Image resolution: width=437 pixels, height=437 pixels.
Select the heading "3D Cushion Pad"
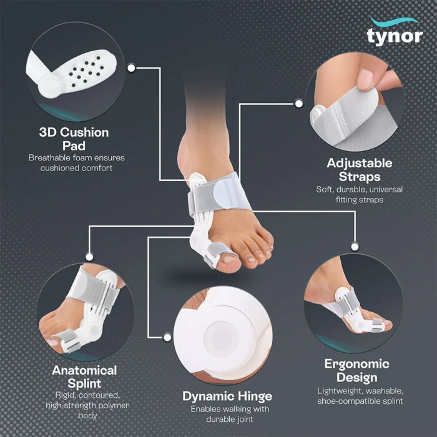(74, 139)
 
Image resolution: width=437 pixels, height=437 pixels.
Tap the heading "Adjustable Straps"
(360, 169)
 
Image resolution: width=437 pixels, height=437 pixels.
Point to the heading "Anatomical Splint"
(84, 376)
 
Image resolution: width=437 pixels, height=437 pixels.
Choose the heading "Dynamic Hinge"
(227, 396)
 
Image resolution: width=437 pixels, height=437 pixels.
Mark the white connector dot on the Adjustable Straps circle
(299, 104)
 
